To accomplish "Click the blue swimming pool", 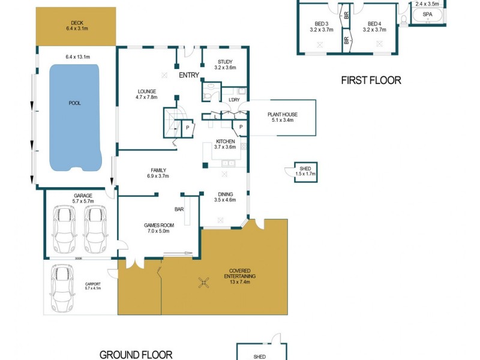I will click(74, 118).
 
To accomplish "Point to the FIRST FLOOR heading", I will click(371, 80).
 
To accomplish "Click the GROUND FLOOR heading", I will click(136, 355).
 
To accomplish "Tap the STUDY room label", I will click(225, 61).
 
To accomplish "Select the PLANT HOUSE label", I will click(282, 115).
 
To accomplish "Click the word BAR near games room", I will click(179, 209).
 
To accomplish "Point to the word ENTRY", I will click(188, 76).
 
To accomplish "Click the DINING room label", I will click(225, 194).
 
